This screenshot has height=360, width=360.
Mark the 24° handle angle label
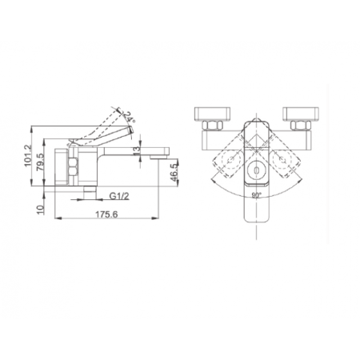pyautogui.click(x=130, y=118)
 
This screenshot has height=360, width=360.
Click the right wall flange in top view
pyautogui.click(x=299, y=113)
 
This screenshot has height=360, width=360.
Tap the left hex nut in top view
pyautogui.click(x=214, y=125)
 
